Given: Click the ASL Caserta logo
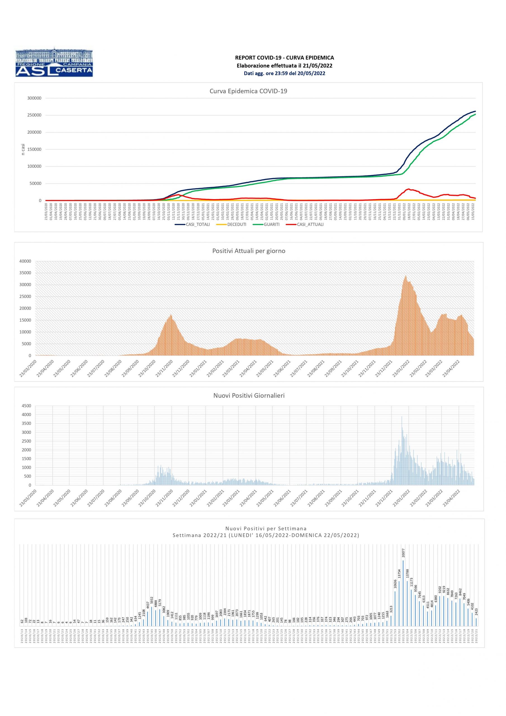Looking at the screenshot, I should pos(54,62).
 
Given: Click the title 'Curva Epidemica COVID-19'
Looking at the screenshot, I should pos(248,91).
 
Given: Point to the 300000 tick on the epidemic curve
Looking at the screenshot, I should pos(34,98).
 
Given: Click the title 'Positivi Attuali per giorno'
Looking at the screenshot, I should pos(249,251).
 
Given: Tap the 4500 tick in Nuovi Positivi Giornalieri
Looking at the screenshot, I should pos(27,406).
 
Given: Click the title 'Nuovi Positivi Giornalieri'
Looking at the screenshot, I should pos(249,396).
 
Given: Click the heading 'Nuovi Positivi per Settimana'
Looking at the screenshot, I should pos(266,529).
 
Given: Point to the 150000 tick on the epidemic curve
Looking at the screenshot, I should pos(34,149).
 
